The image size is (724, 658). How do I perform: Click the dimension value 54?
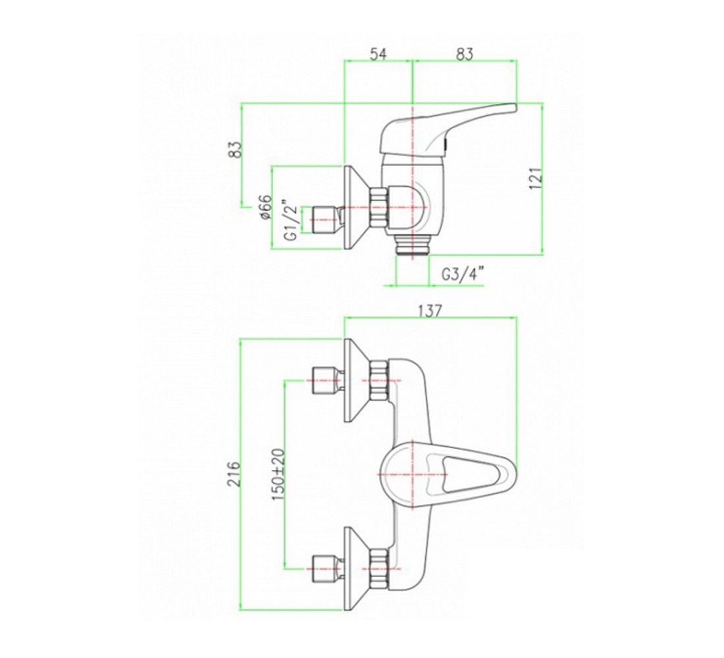pos(378,54)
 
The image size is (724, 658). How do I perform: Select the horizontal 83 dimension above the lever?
pos(465,54)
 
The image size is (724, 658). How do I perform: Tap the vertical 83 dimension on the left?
pos(236,149)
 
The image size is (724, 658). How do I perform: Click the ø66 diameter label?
pos(265,207)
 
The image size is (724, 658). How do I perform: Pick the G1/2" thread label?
pos(290,220)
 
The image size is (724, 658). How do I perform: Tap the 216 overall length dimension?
pos(236,473)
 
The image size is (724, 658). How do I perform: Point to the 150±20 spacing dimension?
pos(278,474)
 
